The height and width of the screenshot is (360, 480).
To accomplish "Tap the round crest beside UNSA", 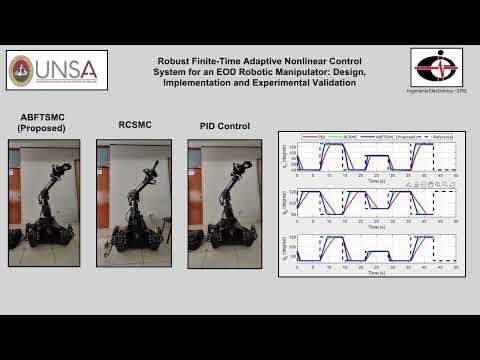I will pos(21,70).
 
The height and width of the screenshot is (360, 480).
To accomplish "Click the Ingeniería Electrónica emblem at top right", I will pos(435,68).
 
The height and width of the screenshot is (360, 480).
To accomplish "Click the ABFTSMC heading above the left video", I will pos(42,117).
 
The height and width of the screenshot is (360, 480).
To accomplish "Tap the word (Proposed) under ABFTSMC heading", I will pos(42,129).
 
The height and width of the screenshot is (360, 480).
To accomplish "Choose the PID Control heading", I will pos(225,126).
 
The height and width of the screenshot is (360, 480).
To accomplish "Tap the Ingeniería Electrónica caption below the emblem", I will pos(435,91).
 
